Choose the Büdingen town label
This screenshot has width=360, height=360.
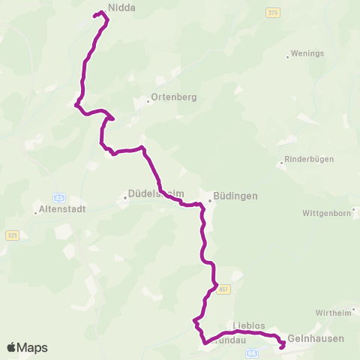pos(235,196)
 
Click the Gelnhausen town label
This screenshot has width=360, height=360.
pos(316,338)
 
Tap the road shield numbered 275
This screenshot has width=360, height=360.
pos(271,13)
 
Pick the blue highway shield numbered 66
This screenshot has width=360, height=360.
pos(251,352)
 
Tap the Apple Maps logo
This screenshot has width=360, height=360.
pos(27,347)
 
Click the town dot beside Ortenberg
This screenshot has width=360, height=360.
pos(148,102)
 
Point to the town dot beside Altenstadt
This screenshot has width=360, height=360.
pos(35,212)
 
